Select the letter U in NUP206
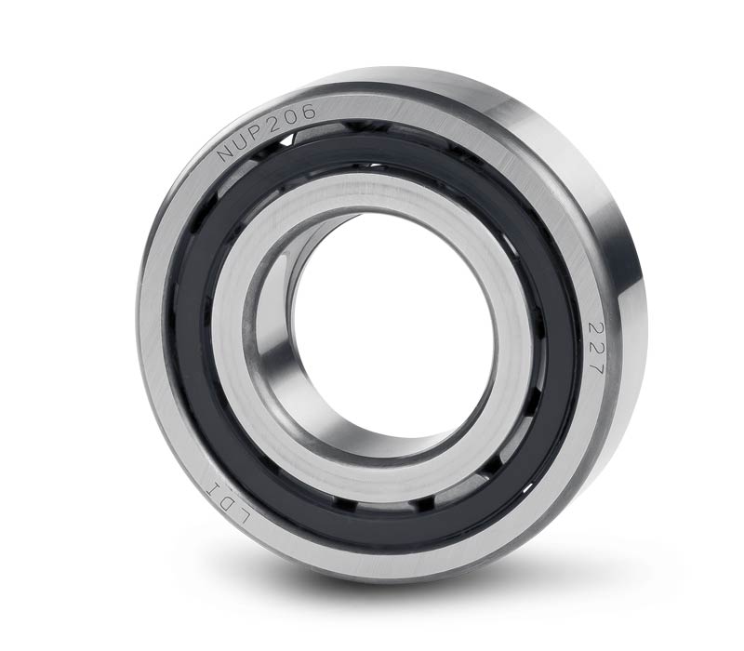[241, 141]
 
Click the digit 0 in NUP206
[291, 117]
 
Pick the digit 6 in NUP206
[308, 112]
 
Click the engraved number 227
[595, 348]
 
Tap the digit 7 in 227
[594, 366]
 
